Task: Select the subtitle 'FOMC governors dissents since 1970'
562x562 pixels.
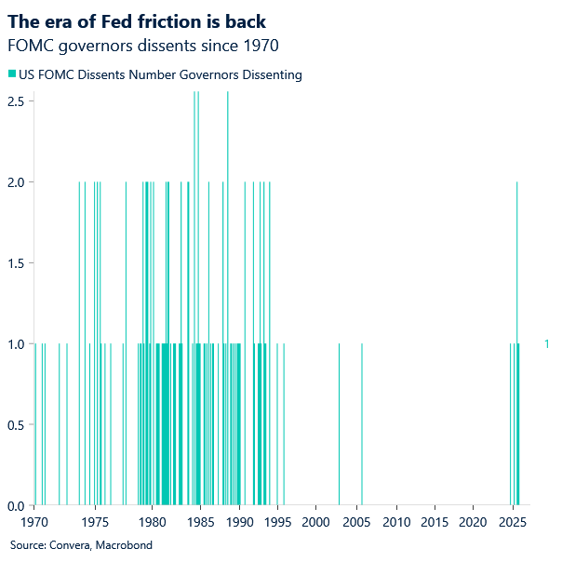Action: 142,45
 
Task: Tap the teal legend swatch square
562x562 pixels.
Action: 11,74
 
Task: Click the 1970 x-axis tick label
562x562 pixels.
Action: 35,523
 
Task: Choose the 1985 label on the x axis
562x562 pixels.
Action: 197,523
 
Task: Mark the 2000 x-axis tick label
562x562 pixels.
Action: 316,523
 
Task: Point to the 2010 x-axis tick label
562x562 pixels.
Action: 396,523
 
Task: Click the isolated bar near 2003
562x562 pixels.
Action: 339,424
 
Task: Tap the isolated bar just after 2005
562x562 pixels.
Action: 362,424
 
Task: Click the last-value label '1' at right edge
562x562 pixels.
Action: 546,344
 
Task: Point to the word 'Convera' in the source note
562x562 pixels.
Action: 70,545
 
